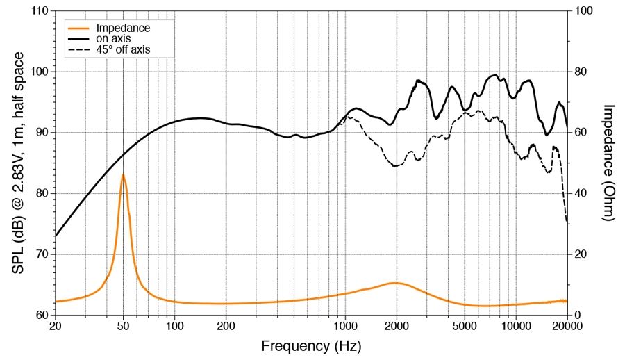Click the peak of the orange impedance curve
(123, 174)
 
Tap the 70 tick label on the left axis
(40, 254)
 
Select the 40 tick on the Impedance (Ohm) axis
(581, 193)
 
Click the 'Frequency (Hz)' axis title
(311, 345)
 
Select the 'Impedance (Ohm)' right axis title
(609, 163)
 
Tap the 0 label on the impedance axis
(576, 315)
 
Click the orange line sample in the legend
(78, 28)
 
